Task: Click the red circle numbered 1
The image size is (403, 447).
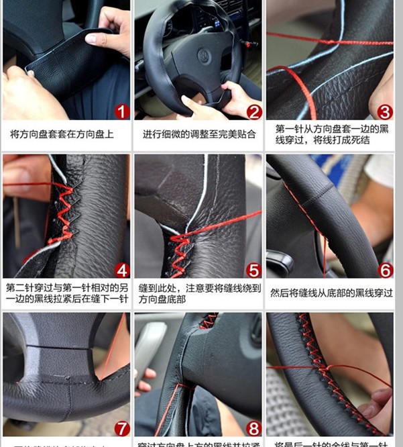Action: point(121,111)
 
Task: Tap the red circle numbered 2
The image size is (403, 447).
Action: point(253,111)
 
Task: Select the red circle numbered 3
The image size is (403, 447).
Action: point(384,111)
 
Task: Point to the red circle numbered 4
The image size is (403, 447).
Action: point(121,270)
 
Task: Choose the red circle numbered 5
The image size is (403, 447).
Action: point(253,270)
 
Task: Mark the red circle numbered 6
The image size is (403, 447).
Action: point(384,270)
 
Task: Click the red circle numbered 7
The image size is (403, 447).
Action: point(121,428)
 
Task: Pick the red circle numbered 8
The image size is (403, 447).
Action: point(253,428)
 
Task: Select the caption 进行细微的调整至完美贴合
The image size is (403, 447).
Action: point(199,134)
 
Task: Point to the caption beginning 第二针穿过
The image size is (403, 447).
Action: point(66,293)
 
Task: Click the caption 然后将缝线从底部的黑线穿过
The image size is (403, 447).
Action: point(331,293)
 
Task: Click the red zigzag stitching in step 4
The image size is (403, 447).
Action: point(64,211)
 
